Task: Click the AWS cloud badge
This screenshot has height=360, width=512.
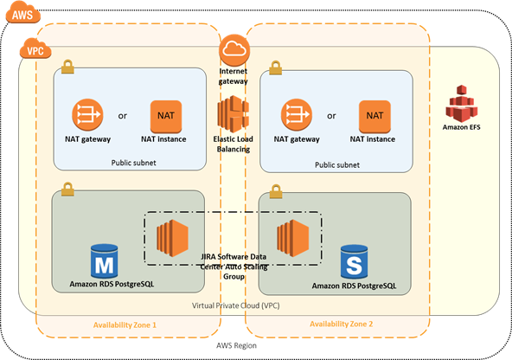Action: (x=22, y=13)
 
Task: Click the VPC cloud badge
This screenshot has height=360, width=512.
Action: (x=35, y=48)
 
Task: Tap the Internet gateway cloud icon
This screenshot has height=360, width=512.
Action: (x=234, y=50)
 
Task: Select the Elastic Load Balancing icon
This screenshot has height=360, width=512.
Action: (x=234, y=113)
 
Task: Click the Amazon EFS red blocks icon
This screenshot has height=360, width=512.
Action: (x=461, y=103)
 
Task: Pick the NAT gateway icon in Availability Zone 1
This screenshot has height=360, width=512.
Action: (x=87, y=115)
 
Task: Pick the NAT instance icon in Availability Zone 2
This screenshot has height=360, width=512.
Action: (x=374, y=116)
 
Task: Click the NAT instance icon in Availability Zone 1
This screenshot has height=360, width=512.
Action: (x=166, y=116)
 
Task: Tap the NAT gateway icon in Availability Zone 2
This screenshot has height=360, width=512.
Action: (x=297, y=115)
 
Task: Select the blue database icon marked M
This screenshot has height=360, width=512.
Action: (x=104, y=261)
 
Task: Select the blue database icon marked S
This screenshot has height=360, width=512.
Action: (x=354, y=262)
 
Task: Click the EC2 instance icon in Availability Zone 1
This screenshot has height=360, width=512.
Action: (x=172, y=238)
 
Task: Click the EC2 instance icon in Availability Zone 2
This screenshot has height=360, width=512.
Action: (x=293, y=238)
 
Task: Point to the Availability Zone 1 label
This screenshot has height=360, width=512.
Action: (x=125, y=325)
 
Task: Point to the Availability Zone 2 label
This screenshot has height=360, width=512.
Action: (x=342, y=324)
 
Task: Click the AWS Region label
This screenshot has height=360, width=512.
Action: (x=236, y=345)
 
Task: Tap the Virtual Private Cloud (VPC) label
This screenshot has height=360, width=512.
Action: (x=236, y=305)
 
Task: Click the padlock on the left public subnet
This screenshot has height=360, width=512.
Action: (x=67, y=67)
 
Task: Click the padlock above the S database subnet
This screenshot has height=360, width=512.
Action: (x=276, y=191)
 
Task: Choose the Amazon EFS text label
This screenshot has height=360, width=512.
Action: (x=461, y=127)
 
